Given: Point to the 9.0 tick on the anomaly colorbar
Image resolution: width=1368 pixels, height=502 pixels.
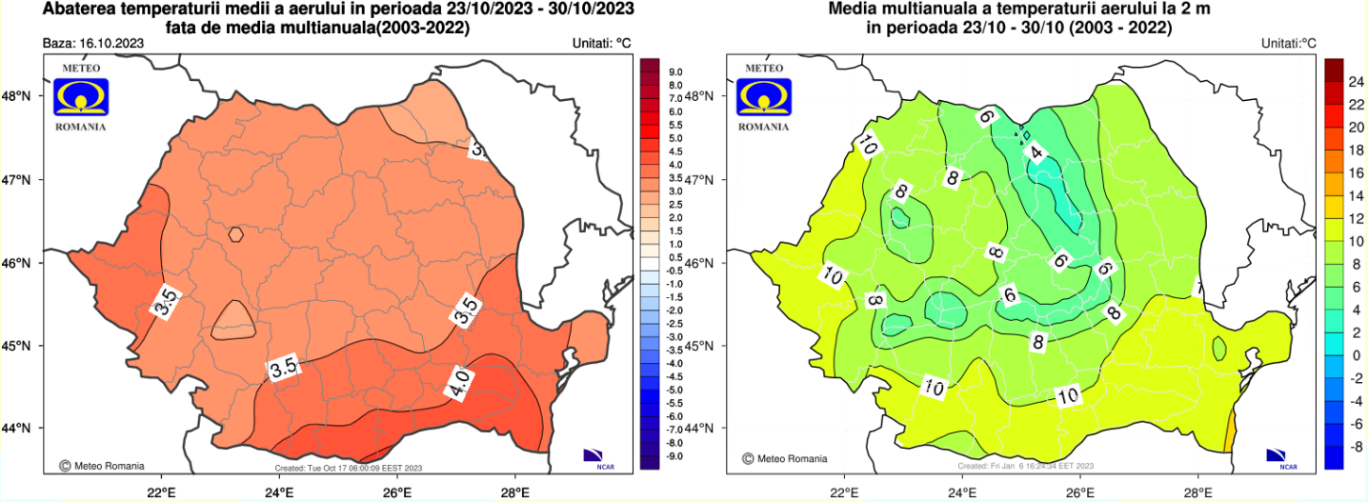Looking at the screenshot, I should [675, 72].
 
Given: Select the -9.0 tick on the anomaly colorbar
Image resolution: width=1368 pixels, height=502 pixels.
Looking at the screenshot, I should [674, 456].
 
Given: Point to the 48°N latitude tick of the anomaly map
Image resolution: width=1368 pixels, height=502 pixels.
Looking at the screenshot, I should [18, 96].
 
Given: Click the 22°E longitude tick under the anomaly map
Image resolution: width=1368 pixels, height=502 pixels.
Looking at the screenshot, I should [161, 492].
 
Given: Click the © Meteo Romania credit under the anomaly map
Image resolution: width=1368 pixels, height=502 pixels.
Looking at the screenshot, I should [102, 466].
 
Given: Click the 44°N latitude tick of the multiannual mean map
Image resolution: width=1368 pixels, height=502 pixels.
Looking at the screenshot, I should [702, 429].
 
